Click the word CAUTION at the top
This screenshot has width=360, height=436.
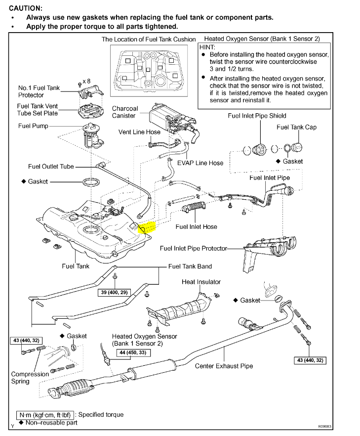point(25,8)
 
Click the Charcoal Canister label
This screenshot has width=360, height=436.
point(125,112)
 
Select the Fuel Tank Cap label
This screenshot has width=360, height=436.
point(296,127)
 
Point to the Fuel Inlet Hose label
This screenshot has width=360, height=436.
point(196,227)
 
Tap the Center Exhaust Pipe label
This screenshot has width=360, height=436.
point(224,366)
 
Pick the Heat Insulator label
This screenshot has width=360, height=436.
point(201,282)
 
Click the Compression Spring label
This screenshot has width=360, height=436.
point(30,378)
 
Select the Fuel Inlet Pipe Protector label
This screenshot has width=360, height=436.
point(193,248)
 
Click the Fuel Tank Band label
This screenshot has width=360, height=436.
point(190,266)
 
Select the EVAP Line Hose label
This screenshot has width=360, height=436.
point(200,163)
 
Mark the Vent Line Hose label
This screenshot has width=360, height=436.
point(139,132)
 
